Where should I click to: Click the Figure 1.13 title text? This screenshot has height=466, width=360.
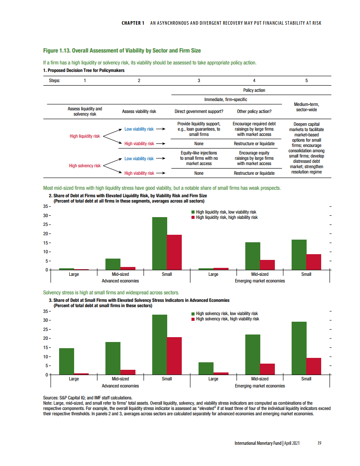[x=121, y=51]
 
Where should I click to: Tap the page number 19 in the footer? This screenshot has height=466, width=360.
[x=319, y=443]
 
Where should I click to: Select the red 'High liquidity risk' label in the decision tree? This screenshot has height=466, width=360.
[x=85, y=136]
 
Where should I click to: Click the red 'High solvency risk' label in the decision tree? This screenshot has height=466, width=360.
[x=85, y=166]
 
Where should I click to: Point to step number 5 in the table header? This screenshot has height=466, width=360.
[x=306, y=81]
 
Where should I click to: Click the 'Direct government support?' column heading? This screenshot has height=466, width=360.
[x=199, y=112]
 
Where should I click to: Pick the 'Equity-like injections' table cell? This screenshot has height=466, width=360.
[x=199, y=158]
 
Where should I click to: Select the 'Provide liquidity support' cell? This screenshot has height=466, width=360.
[x=199, y=129]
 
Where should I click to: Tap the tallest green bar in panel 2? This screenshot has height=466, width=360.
[x=160, y=243]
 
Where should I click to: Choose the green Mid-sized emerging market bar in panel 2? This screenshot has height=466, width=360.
[x=252, y=256]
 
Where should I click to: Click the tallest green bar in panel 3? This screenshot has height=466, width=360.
[x=160, y=345]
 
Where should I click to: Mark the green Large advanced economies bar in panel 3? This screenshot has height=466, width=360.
[x=67, y=361]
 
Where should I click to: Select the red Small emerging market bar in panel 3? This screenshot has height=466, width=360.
[x=313, y=366]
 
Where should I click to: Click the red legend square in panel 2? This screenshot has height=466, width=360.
[x=193, y=218]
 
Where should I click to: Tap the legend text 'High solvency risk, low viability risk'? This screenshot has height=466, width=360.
[x=227, y=313]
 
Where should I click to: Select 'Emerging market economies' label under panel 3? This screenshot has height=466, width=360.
[x=260, y=386]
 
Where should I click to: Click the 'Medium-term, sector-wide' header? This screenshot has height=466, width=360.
[x=306, y=107]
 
